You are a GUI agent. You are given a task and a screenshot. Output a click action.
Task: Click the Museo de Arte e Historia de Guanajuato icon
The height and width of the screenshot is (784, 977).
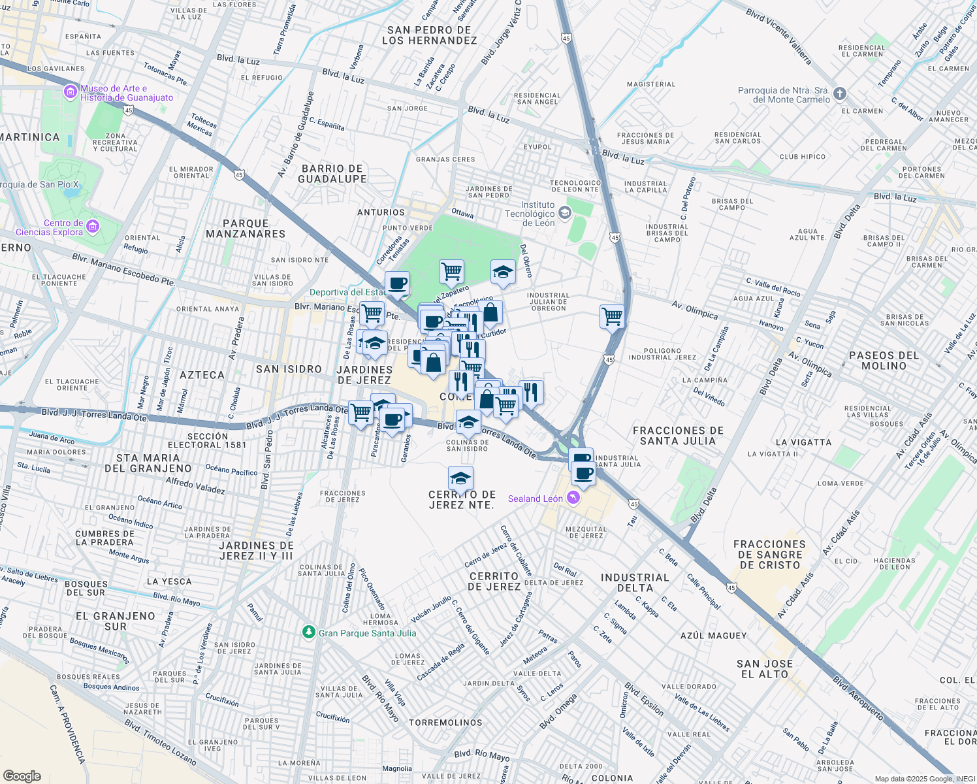click(x=71, y=93)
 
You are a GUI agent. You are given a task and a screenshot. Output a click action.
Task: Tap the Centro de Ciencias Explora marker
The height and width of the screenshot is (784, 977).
click(x=93, y=227)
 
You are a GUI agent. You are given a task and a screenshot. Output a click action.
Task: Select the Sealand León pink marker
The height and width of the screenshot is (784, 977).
click(x=573, y=498)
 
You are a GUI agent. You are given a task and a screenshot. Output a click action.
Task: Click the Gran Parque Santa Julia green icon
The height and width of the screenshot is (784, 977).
click(x=309, y=632)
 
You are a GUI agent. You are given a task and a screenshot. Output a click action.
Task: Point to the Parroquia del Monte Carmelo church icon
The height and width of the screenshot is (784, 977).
click(x=840, y=94)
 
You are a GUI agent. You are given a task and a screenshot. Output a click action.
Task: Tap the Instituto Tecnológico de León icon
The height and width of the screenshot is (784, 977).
click(x=565, y=213)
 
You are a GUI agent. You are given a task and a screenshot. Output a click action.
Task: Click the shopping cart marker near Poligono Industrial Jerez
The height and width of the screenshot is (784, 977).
click(x=612, y=317)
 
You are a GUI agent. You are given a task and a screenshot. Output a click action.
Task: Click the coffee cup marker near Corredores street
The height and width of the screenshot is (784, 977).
click(x=397, y=284)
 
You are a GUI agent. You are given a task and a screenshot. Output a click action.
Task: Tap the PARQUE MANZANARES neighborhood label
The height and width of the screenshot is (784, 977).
click(x=246, y=229)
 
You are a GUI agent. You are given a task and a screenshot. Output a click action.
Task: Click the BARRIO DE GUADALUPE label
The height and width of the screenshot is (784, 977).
click(x=332, y=174)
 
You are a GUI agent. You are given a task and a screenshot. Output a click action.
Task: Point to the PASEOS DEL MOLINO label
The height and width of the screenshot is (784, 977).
click(x=884, y=361)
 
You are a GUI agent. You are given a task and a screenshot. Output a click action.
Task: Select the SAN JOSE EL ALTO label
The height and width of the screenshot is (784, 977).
click(x=765, y=669)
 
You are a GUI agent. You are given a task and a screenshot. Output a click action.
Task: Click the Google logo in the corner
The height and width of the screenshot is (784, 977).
click(x=22, y=776)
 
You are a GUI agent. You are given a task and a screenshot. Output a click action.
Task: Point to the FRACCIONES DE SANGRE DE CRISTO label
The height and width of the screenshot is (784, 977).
click(x=769, y=555)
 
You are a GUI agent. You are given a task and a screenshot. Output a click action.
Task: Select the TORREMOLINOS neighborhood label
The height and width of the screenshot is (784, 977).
click(x=445, y=723)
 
